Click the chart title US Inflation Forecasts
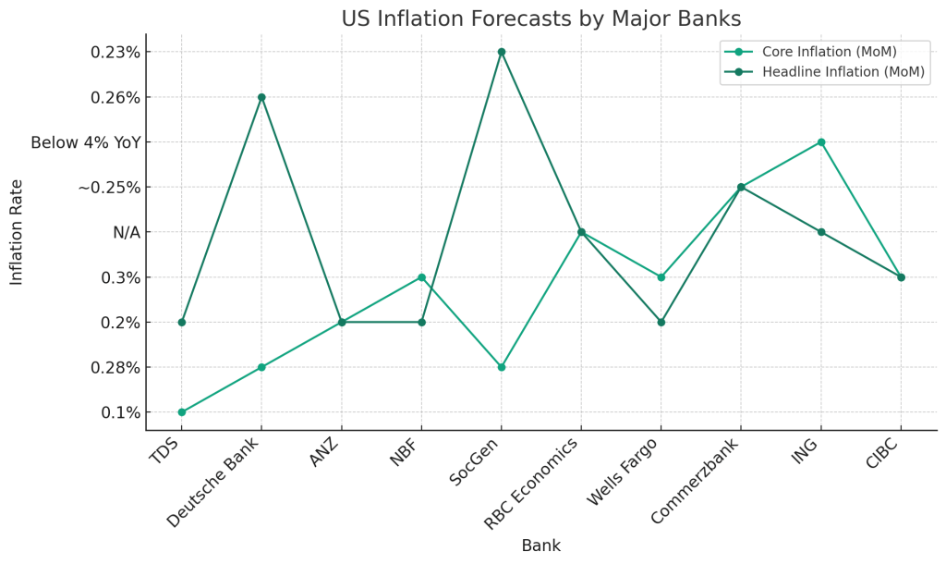(x=540, y=18)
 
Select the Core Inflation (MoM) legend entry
(x=829, y=51)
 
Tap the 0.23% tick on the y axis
(x=115, y=52)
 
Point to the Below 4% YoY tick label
(x=85, y=142)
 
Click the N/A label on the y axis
(x=127, y=233)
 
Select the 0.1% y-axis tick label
(x=121, y=412)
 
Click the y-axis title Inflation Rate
(x=17, y=232)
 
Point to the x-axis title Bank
(x=540, y=546)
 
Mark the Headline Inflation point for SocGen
(x=502, y=52)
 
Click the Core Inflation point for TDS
(x=182, y=412)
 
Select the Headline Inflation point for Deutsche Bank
(x=261, y=97)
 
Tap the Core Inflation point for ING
(x=821, y=142)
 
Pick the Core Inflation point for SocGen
(x=502, y=367)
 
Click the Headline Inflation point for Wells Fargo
(x=661, y=322)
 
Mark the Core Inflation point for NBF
(x=421, y=277)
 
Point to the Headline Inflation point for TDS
(x=182, y=322)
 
